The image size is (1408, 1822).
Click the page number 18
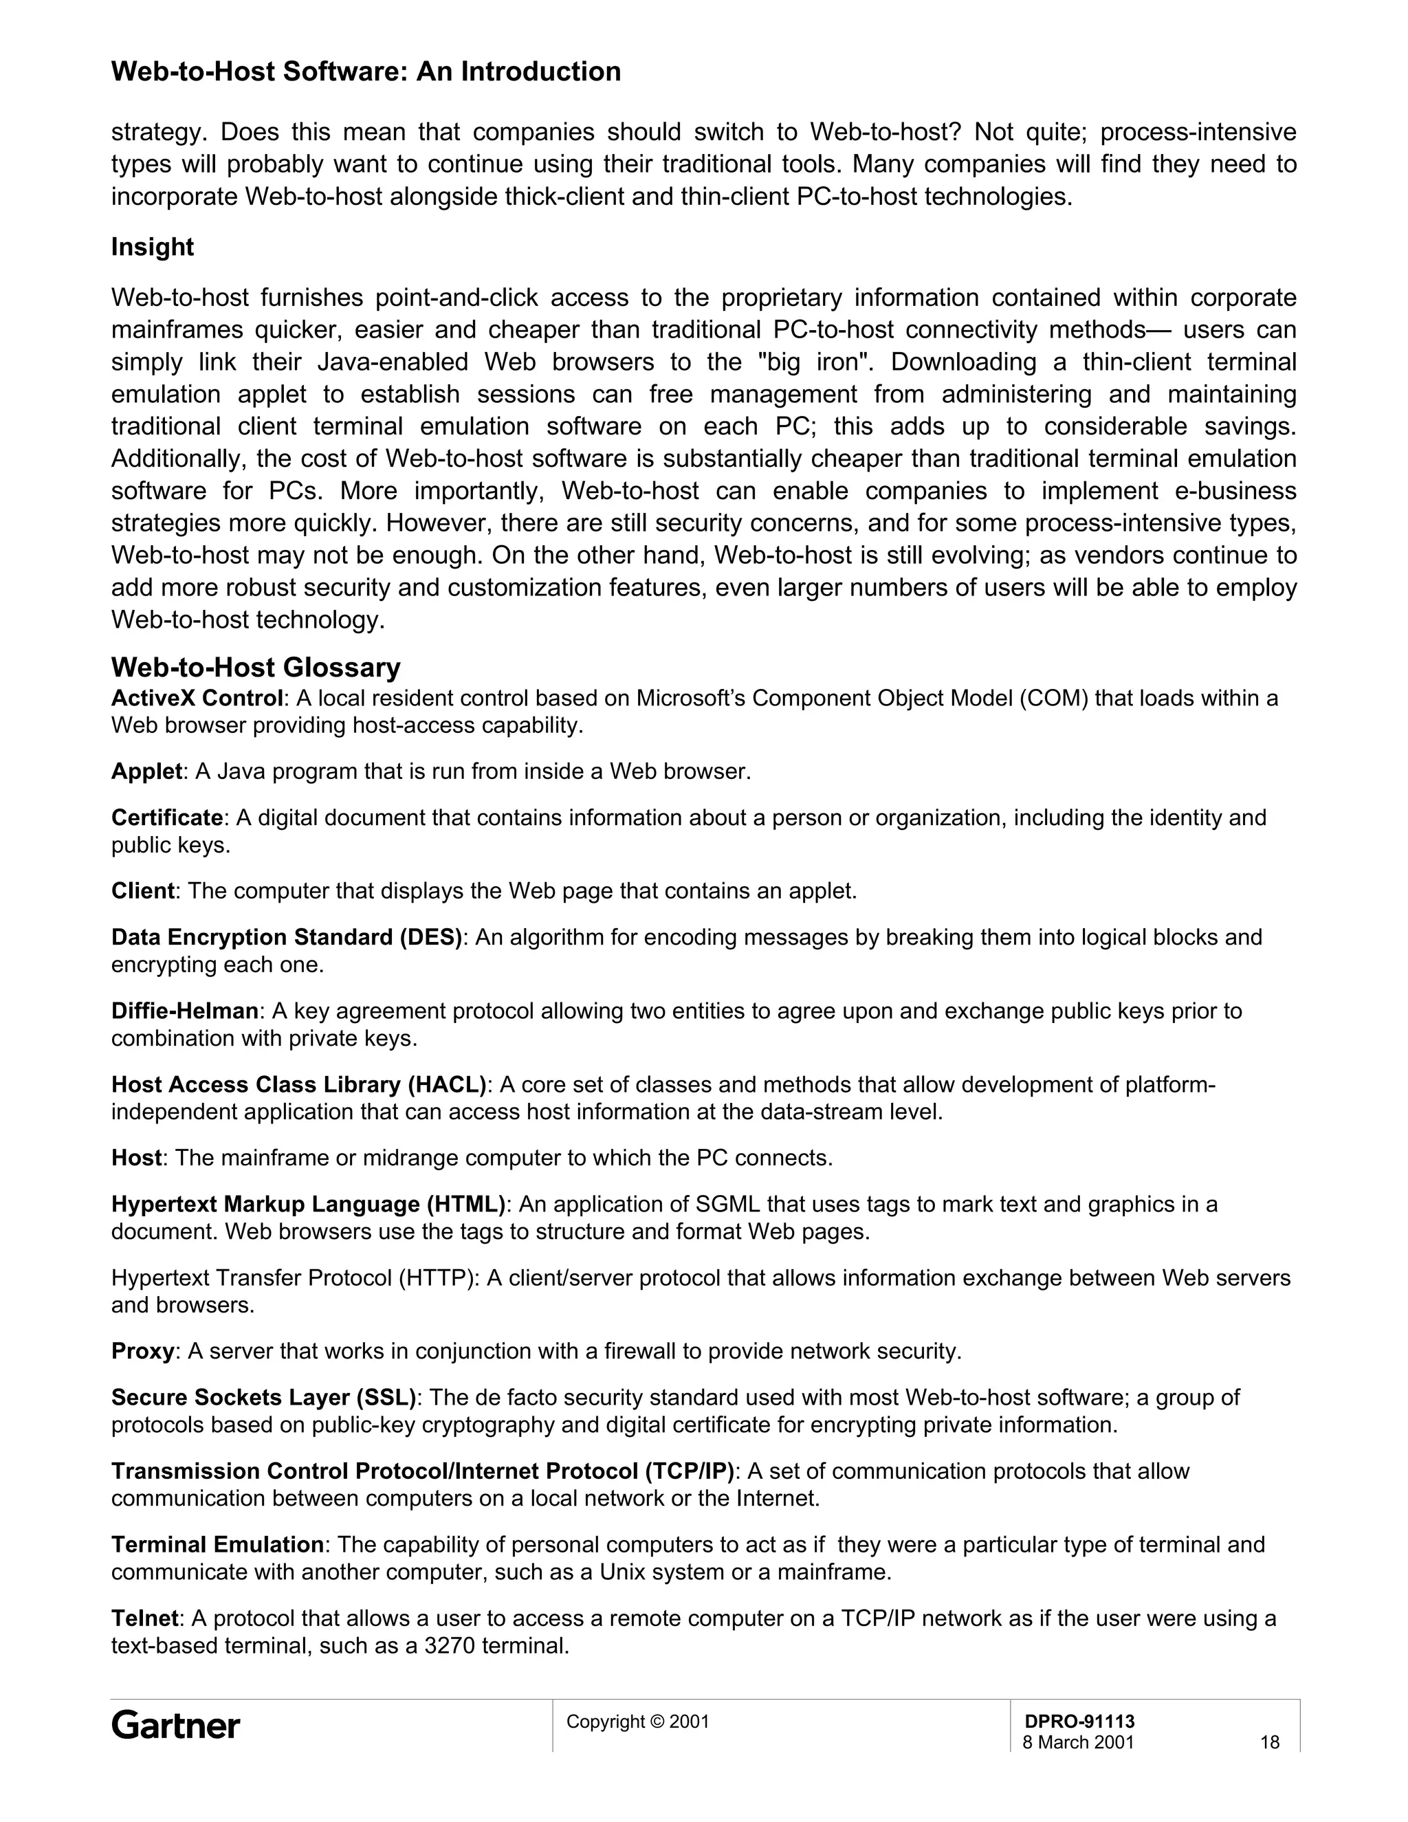(1268, 1742)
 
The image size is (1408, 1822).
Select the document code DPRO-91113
(1079, 1721)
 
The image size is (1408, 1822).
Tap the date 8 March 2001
(1078, 1742)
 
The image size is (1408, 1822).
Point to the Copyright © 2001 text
(637, 1721)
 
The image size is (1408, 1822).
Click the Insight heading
(152, 247)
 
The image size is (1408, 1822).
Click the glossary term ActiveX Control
(197, 697)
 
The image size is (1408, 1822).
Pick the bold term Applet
(146, 771)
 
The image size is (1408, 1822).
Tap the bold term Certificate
(167, 817)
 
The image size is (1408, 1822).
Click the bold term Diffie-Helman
(184, 1011)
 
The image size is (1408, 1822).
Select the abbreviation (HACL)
(446, 1084)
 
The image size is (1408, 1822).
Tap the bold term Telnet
(144, 1618)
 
